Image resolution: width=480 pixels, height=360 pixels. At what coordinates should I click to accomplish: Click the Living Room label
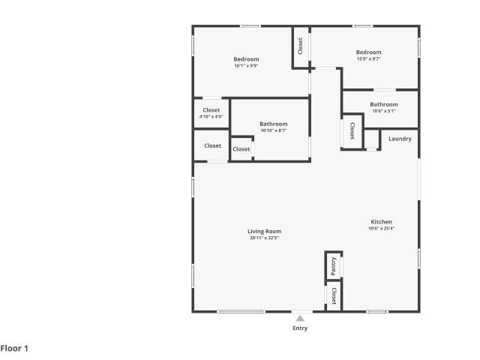tap(265, 232)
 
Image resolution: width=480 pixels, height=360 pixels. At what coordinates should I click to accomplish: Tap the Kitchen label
tap(382, 222)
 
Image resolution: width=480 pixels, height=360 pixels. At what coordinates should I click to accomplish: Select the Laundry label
tap(400, 139)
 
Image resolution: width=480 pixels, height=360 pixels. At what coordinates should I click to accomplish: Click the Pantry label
tap(334, 265)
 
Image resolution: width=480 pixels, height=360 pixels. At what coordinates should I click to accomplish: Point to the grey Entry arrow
tap(300, 319)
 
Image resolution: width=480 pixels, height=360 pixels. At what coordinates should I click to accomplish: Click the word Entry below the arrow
tap(300, 328)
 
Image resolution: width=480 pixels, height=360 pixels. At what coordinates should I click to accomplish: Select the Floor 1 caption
tap(14, 348)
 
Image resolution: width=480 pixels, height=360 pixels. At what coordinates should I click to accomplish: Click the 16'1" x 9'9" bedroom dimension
tap(247, 66)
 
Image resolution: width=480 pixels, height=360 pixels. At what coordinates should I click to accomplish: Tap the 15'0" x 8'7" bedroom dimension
tap(368, 58)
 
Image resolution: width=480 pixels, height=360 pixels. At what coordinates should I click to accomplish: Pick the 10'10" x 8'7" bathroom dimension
tap(274, 130)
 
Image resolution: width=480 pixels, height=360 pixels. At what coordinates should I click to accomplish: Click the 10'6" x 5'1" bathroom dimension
tap(384, 111)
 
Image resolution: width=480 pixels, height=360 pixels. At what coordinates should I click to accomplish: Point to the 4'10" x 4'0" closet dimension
tap(211, 117)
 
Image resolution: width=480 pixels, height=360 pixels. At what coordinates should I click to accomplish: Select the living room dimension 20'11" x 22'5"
tap(265, 238)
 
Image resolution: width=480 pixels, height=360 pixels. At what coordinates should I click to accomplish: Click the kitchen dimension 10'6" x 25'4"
tap(382, 228)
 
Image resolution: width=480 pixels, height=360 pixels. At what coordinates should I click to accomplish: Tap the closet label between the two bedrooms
tap(300, 46)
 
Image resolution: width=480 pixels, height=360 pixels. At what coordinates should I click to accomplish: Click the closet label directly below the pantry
tap(334, 296)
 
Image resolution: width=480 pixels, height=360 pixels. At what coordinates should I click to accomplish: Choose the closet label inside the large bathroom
tap(241, 149)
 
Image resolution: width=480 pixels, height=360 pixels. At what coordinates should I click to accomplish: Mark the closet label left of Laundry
tap(352, 131)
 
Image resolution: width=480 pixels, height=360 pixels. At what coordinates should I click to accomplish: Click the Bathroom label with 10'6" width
tap(384, 104)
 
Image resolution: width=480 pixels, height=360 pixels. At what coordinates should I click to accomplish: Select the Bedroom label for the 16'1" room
tap(246, 59)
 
